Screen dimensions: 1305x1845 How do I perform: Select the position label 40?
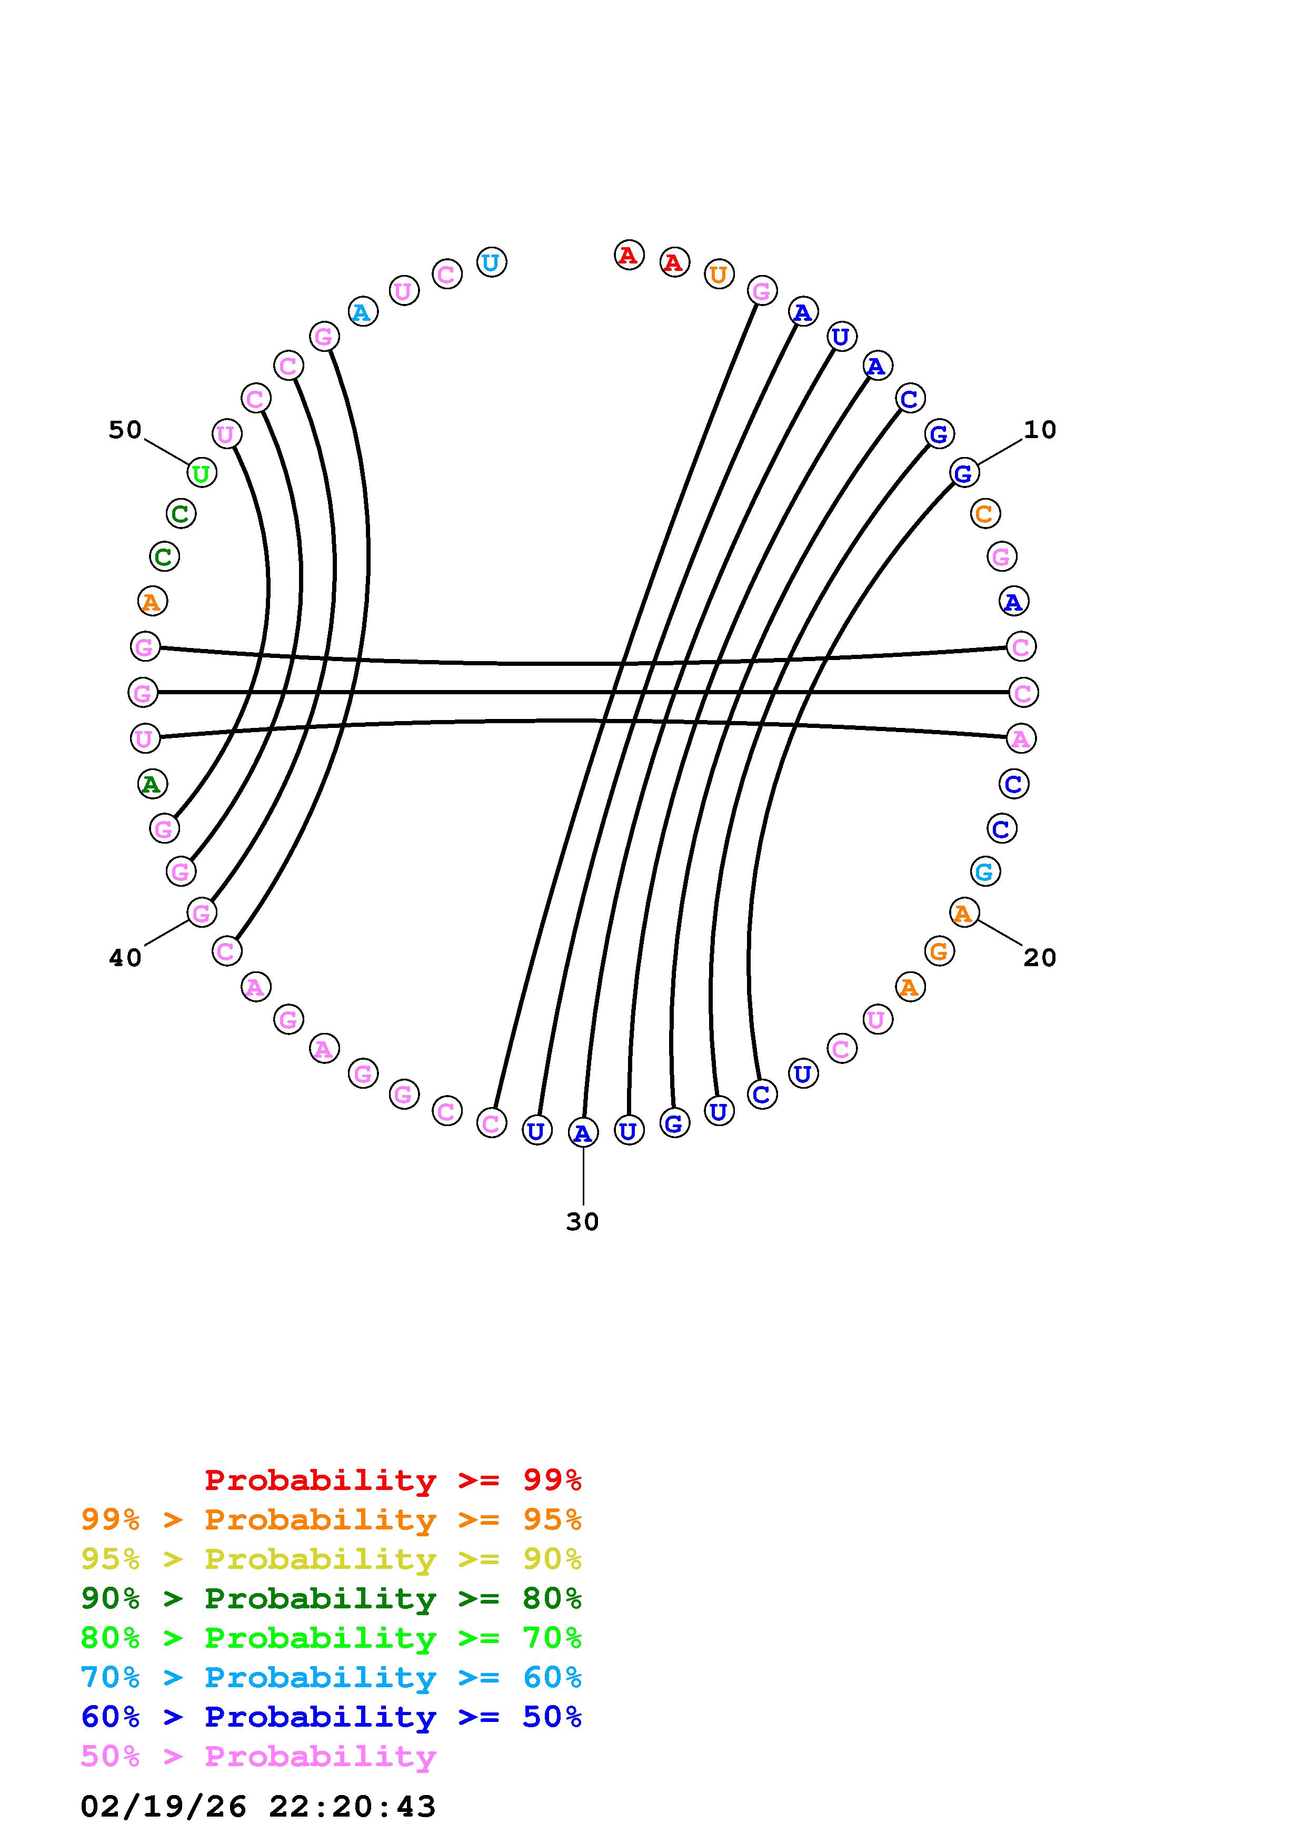[x=125, y=958]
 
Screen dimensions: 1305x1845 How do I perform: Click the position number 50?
[x=125, y=430]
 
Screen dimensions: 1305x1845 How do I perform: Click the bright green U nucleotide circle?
[x=201, y=473]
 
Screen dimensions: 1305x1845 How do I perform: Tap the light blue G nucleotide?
[x=985, y=871]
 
